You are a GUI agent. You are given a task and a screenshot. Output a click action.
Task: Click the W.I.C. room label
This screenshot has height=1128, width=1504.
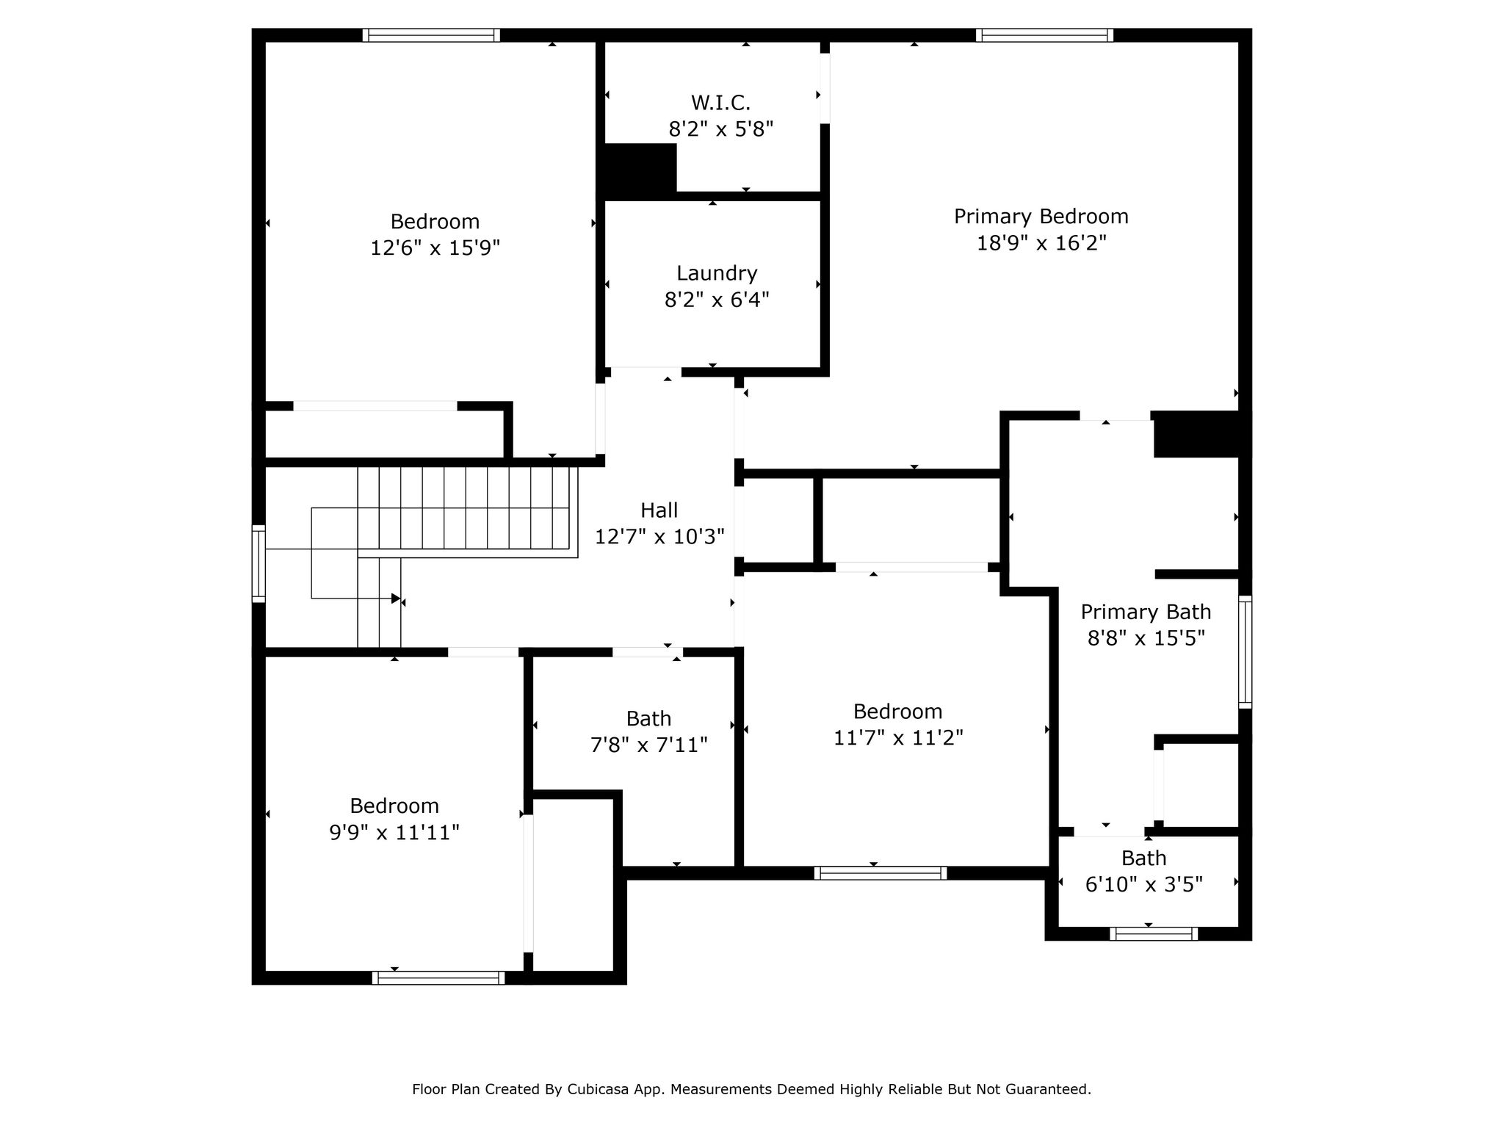[x=720, y=103]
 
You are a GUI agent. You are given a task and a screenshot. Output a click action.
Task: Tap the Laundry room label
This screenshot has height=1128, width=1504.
[x=717, y=274]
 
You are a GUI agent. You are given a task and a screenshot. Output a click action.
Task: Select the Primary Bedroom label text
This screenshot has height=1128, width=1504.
[x=1041, y=217]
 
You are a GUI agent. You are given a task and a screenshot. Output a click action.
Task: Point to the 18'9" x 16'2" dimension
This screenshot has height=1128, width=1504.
[x=1041, y=243]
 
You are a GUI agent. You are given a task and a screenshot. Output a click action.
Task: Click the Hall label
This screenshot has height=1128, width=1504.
[x=659, y=510]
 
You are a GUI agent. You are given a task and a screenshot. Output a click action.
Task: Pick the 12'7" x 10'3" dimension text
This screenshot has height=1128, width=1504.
[x=659, y=537]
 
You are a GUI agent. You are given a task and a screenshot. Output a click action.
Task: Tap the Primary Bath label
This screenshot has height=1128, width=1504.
[x=1146, y=612]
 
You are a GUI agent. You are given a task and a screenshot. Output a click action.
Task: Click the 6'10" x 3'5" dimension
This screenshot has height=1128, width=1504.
[x=1144, y=884]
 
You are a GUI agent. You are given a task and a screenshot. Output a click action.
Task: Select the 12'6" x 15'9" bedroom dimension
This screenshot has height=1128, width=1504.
[x=435, y=248]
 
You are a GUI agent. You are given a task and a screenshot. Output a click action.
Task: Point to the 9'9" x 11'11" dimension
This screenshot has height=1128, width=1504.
[x=394, y=833]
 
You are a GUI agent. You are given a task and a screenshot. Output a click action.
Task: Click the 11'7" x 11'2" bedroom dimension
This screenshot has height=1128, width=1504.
[x=897, y=738]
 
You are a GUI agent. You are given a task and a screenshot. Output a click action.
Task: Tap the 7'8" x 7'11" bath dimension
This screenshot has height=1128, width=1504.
[x=649, y=745]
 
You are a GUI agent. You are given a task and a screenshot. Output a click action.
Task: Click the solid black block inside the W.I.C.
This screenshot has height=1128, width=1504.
[x=638, y=168]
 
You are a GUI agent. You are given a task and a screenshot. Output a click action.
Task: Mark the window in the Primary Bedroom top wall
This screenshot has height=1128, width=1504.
[x=1044, y=35]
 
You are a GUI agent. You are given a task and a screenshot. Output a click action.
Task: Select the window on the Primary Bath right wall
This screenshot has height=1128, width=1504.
[x=1245, y=652]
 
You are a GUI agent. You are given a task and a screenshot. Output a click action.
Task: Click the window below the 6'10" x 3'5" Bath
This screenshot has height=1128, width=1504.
[x=1154, y=934]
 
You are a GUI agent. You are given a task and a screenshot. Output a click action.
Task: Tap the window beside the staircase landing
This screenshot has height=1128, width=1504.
[x=258, y=564]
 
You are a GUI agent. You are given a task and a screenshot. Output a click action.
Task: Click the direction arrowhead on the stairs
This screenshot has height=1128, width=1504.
[x=396, y=599]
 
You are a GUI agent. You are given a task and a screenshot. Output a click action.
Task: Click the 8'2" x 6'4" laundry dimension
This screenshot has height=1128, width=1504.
[x=717, y=300]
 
